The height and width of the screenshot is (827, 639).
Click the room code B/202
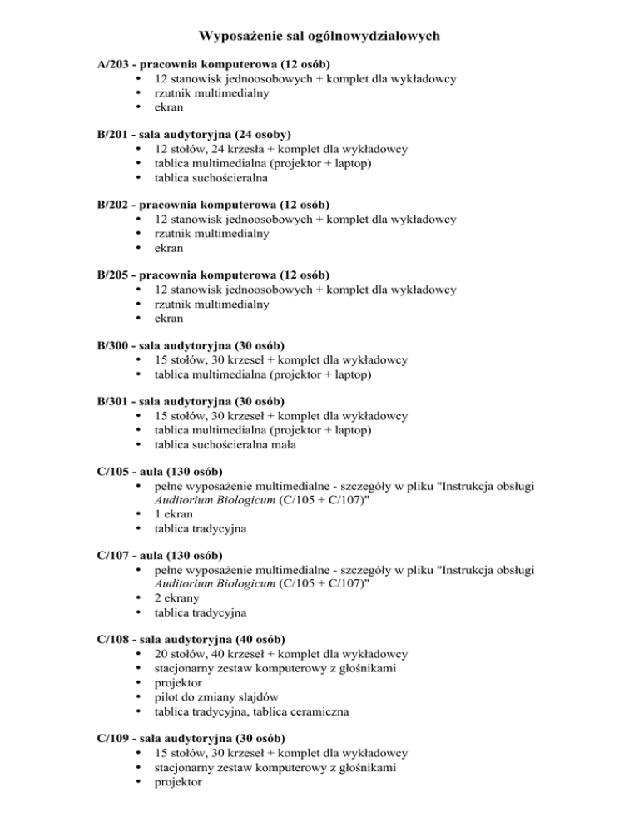click(114, 205)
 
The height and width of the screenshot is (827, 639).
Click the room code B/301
click(114, 402)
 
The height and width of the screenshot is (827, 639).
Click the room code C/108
click(114, 640)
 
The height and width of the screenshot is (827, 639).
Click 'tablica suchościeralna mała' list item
click(225, 445)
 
